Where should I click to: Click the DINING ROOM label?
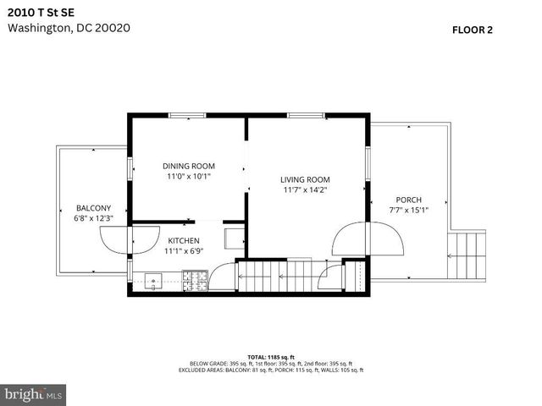188,166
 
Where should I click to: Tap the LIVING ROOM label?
305,179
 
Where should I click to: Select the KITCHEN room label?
184,239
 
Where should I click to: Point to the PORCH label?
408,200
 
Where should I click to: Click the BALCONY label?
93,207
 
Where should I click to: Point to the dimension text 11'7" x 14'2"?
305,190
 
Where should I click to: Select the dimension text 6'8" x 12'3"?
93,218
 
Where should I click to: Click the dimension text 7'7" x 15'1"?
408,211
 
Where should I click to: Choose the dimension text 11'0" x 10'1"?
188,177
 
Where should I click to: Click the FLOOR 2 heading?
473,29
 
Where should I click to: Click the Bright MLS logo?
34,393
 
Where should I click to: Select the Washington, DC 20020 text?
69,27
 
